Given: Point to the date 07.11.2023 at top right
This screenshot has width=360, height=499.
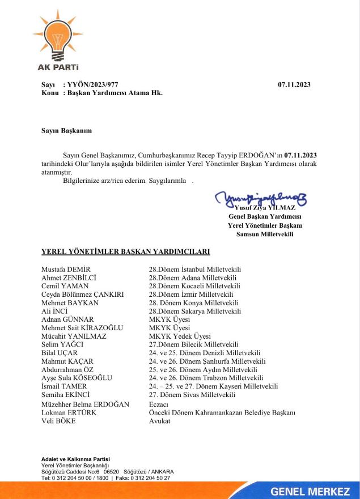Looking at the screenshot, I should pyautogui.click(x=294, y=84).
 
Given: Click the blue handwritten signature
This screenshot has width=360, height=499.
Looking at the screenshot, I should pyautogui.click(x=261, y=199).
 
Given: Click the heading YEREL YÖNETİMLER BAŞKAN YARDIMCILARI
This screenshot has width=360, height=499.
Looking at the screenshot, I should pyautogui.click(x=126, y=251).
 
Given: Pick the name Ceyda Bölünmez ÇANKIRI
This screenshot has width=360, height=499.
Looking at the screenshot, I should pyautogui.click(x=83, y=295).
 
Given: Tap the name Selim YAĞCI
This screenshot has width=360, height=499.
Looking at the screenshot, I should pyautogui.click(x=62, y=344).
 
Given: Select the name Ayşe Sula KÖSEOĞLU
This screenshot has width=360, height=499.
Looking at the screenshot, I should pyautogui.click(x=77, y=378).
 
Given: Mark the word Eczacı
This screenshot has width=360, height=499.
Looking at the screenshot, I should pyautogui.click(x=159, y=404).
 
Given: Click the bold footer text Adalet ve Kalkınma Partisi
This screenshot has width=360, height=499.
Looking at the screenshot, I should pyautogui.click(x=75, y=458).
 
